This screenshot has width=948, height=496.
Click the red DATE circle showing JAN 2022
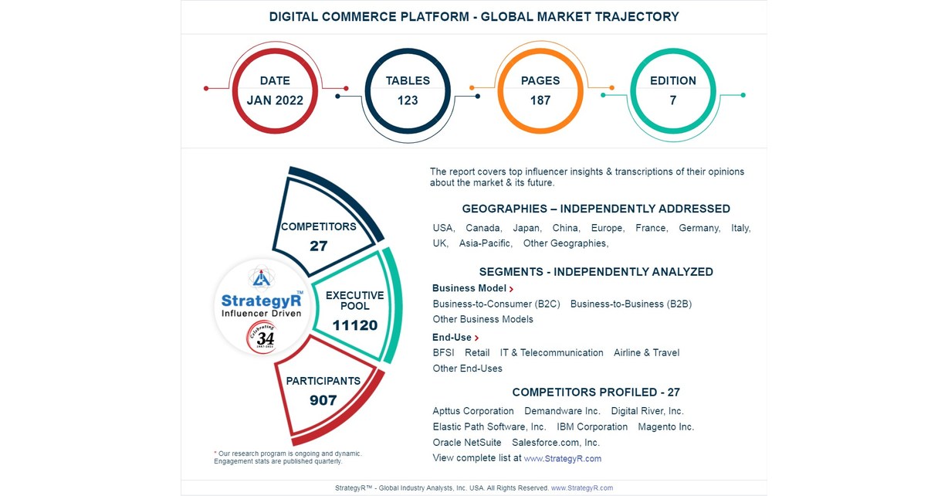tap(275, 90)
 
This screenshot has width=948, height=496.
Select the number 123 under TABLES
tap(408, 100)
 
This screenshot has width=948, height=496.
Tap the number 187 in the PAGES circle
tap(540, 100)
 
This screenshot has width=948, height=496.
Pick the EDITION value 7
tap(672, 100)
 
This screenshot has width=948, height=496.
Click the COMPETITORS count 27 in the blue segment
tap(319, 246)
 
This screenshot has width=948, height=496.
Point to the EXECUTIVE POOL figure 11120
tap(355, 325)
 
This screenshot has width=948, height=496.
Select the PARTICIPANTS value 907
tap(323, 400)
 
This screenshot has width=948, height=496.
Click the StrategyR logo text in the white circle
tap(261, 301)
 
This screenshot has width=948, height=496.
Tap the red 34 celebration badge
tap(265, 338)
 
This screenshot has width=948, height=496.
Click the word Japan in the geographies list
tap(526, 228)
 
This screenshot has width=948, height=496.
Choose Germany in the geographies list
tap(699, 228)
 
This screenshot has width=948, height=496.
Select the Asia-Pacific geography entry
tap(485, 243)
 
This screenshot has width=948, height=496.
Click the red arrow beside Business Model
tap(511, 289)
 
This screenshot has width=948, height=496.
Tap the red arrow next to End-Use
tap(476, 338)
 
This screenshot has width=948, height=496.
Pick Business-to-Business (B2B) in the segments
tap(631, 304)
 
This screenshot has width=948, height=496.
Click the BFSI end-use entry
tap(443, 352)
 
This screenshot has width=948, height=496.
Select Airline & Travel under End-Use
tap(646, 352)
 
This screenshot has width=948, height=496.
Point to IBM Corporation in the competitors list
tap(592, 426)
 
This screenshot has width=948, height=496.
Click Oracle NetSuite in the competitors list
tap(466, 443)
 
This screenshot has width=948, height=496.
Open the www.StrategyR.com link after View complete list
tap(562, 459)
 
